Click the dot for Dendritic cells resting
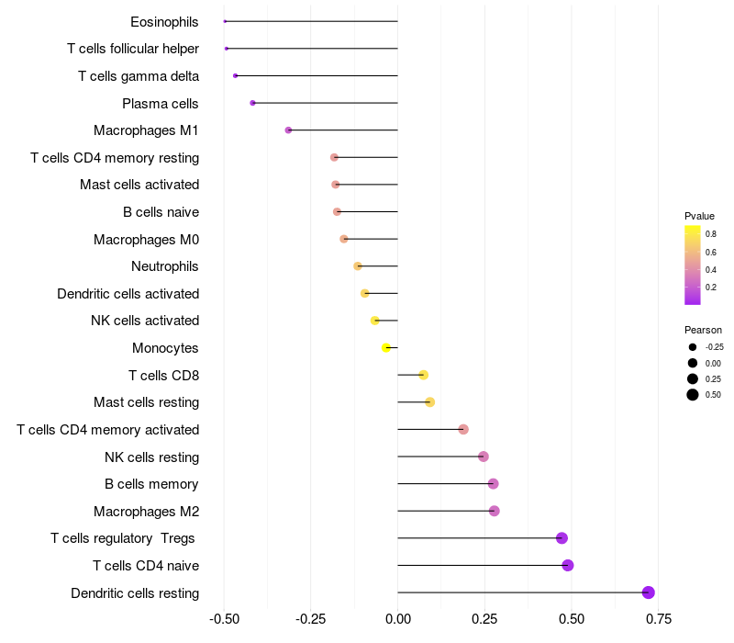click(x=649, y=592)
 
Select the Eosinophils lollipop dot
click(x=225, y=21)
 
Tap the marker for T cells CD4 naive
click(x=568, y=565)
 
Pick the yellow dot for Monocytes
click(x=386, y=347)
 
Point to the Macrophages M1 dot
click(x=288, y=130)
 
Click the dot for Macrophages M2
click(x=495, y=511)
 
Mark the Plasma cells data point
click(x=252, y=103)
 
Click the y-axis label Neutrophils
click(x=165, y=266)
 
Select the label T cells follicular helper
click(x=133, y=49)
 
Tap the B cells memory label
click(x=151, y=484)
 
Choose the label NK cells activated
click(x=145, y=321)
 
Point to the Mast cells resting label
click(x=146, y=402)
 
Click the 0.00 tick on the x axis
click(x=397, y=620)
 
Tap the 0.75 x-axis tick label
click(x=657, y=620)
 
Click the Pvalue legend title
click(x=699, y=216)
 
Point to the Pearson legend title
click(x=703, y=330)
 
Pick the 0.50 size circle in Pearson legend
click(x=692, y=395)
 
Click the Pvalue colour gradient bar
click(x=693, y=265)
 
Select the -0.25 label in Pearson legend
click(x=714, y=347)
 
